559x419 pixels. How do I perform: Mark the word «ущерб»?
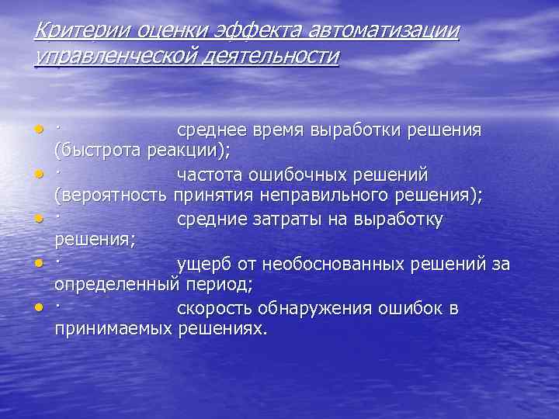[x=203, y=265]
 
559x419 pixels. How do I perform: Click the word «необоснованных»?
[x=334, y=265]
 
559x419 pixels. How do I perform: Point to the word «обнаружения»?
[x=325, y=309]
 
